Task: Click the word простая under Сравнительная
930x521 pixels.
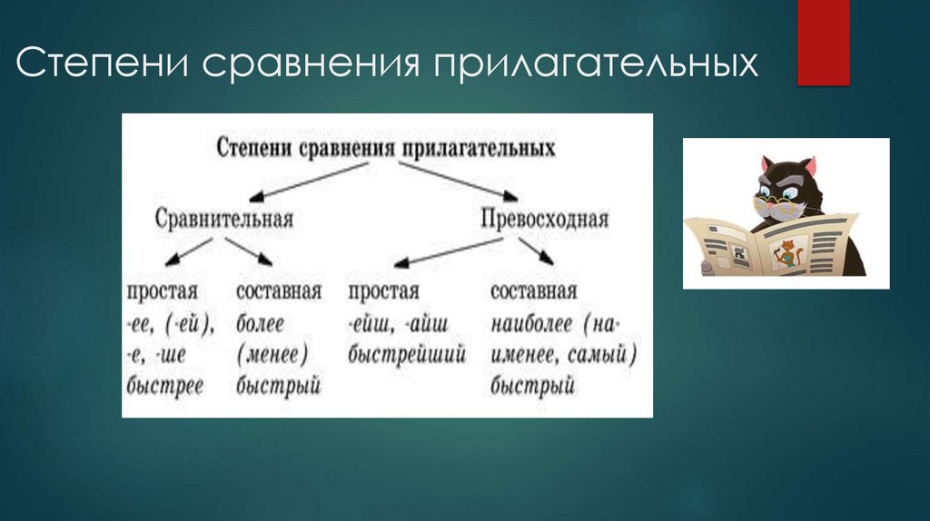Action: [163, 292]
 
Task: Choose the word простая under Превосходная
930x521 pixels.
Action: [383, 292]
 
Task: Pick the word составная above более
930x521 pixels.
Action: [278, 292]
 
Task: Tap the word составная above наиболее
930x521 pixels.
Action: [533, 292]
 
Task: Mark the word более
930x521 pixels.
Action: [260, 323]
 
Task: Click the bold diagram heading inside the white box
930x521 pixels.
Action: [385, 148]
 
